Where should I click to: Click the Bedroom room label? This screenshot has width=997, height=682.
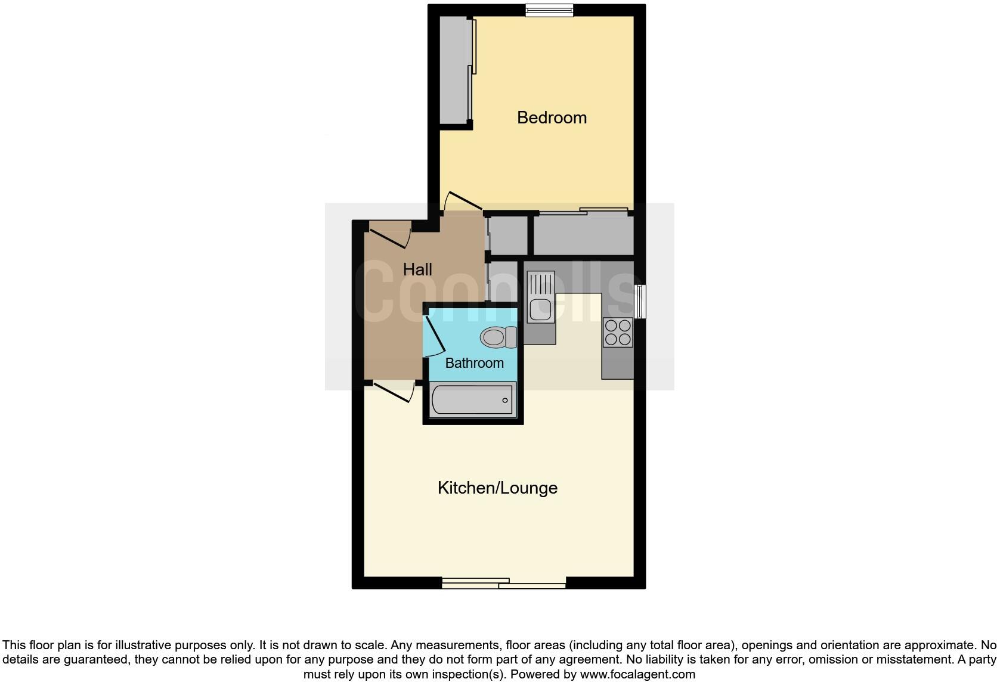552,117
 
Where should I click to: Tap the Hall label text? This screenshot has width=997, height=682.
417,269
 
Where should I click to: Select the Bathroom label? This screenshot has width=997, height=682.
474,363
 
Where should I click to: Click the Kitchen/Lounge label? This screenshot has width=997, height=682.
497,488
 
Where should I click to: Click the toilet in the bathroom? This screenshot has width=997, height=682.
497,337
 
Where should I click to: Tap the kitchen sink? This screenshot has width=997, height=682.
541,296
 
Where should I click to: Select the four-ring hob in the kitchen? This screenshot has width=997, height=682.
618,333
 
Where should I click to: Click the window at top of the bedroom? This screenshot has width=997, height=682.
549,10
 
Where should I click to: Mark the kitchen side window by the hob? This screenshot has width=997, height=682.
640,301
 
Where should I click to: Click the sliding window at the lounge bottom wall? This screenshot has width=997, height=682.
504,583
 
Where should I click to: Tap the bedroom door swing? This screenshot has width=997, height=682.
463,201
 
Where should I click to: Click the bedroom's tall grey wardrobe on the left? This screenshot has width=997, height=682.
454,70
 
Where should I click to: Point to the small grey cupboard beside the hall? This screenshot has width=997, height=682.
507,235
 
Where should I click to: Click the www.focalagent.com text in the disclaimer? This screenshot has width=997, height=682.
637,674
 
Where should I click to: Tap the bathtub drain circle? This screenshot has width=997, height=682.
505,400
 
